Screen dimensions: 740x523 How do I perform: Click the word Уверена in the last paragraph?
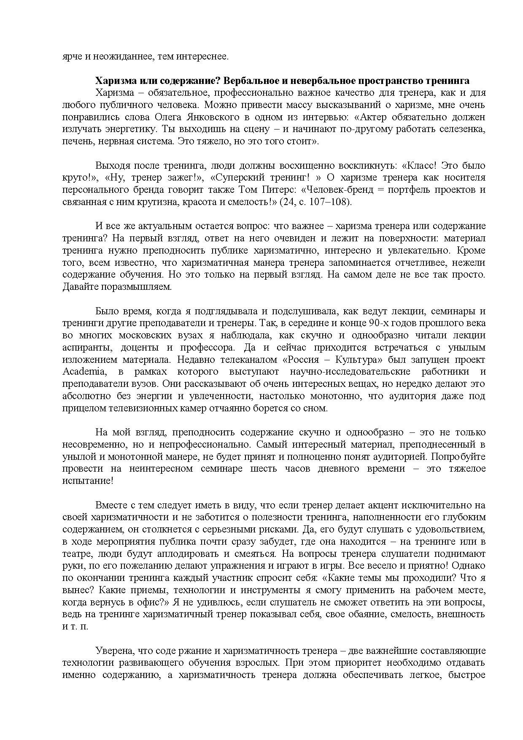[112, 651]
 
